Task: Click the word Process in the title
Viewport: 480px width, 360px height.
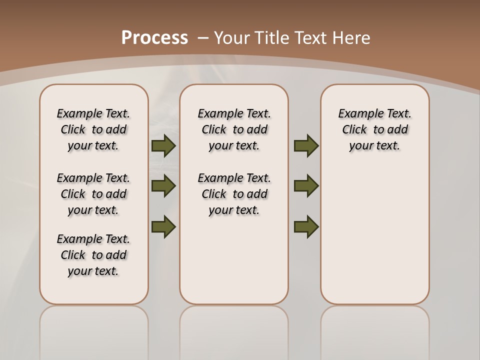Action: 154,38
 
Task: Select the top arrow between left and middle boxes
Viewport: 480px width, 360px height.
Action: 163,146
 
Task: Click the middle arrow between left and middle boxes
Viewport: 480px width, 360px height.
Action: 163,186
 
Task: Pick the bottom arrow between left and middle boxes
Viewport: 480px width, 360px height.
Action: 163,227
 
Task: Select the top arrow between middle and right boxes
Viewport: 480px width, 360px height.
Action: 306,146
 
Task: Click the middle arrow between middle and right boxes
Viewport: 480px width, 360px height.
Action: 306,186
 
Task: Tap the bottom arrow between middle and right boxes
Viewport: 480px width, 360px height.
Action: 306,227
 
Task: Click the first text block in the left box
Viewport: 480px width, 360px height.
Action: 93,129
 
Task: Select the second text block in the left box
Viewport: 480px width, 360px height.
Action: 93,194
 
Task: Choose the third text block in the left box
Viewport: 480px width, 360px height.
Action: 93,255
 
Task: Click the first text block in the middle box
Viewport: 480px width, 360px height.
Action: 234,129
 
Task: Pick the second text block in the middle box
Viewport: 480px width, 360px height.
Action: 234,194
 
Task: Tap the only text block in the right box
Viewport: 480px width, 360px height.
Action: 374,129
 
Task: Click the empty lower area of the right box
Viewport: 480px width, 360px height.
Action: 374,235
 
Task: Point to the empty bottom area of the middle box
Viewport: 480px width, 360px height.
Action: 234,265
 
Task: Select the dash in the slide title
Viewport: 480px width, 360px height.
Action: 203,38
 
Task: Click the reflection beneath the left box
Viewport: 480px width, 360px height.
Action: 93,330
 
